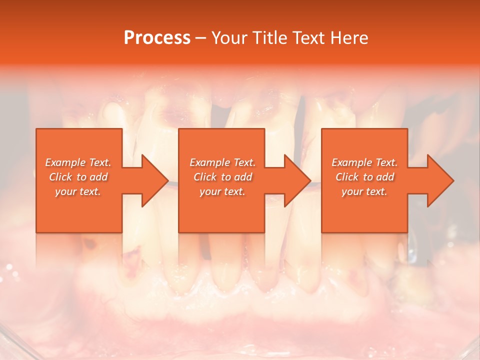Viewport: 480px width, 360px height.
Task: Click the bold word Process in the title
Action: (157, 37)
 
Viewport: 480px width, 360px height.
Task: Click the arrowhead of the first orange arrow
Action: (155, 180)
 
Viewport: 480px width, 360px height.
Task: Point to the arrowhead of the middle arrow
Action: (297, 180)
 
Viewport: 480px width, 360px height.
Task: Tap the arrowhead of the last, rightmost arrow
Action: (440, 180)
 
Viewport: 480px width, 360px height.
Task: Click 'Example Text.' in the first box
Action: (78, 162)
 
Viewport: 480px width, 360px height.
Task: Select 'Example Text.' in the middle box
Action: (222, 162)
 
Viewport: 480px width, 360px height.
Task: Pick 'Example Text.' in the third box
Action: (364, 162)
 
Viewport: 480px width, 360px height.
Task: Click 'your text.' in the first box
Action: (78, 191)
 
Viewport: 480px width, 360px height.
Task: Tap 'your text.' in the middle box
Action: (222, 191)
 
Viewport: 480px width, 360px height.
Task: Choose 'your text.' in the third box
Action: (364, 191)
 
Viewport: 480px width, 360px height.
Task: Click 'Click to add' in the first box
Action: (78, 177)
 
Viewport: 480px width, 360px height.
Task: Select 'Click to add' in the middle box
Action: (222, 177)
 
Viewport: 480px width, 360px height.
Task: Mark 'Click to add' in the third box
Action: (364, 177)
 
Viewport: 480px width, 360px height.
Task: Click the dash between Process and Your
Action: (201, 38)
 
